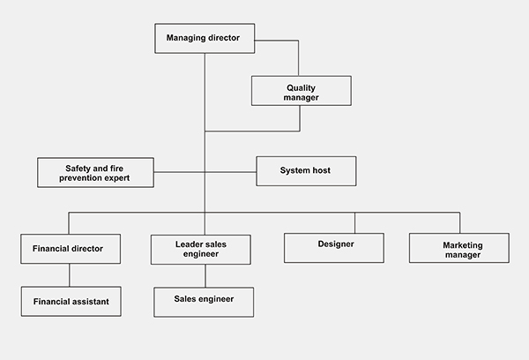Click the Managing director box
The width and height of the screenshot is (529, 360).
(204, 38)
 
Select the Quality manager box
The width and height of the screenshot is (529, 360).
(301, 92)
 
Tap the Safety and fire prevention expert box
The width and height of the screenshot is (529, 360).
(95, 172)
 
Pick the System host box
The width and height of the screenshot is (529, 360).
(305, 171)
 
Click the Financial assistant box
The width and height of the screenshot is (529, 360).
(71, 301)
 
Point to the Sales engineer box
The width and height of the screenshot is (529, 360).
(203, 301)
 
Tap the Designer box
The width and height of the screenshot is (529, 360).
(334, 247)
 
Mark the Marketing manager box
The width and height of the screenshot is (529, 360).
(458, 248)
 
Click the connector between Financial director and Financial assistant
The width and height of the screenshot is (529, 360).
(71, 274)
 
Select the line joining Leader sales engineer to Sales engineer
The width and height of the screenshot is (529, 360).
(205, 275)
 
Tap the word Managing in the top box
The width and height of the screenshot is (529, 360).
(185, 37)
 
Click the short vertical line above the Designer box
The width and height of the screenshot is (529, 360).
(354, 222)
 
